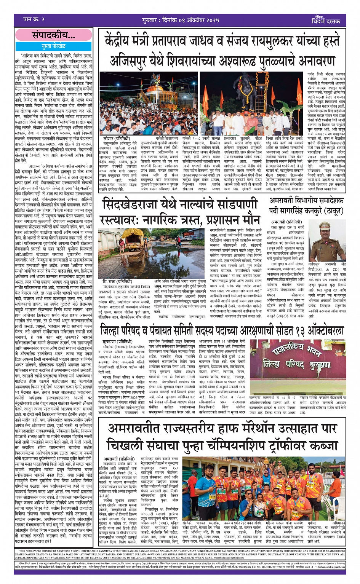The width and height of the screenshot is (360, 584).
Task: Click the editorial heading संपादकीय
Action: (53, 36)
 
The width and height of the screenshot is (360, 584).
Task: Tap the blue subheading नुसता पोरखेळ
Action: (54, 46)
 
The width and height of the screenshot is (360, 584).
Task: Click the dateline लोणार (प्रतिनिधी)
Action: (117, 139)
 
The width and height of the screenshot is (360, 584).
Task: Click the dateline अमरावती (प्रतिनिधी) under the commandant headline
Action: (287, 222)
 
